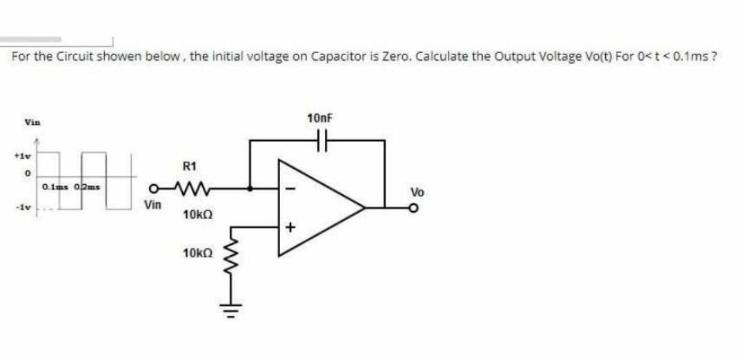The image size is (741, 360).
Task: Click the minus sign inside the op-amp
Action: [290, 187]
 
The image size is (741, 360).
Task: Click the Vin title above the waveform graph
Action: [32, 123]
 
